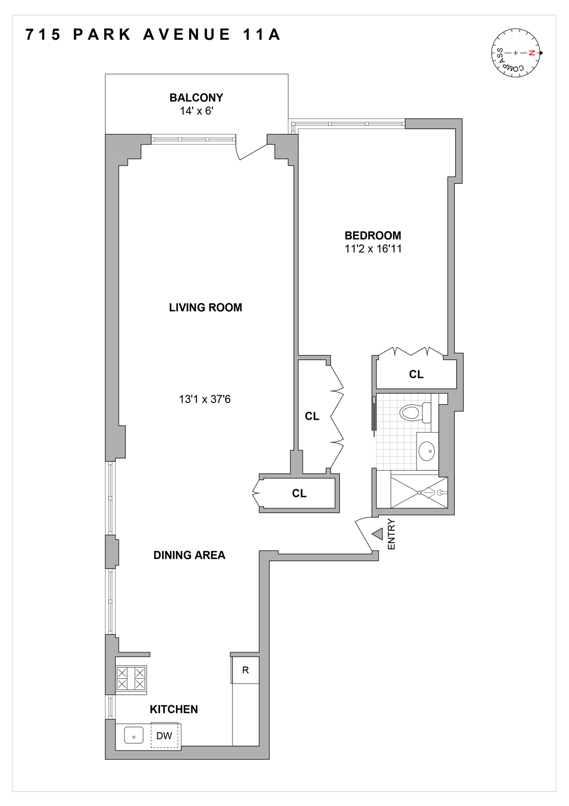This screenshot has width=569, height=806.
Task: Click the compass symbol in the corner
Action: pyautogui.click(x=515, y=53)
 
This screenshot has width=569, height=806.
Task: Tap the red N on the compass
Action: pyautogui.click(x=531, y=53)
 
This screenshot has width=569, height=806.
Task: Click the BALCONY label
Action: pyautogui.click(x=196, y=98)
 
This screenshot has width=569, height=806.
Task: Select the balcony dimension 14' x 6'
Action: pyautogui.click(x=196, y=111)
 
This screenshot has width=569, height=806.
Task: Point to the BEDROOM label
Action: pyautogui.click(x=373, y=235)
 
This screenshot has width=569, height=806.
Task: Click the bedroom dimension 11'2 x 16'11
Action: pyautogui.click(x=373, y=249)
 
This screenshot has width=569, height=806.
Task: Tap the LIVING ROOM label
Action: pyautogui.click(x=205, y=307)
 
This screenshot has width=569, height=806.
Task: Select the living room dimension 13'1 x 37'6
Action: pyautogui.click(x=205, y=399)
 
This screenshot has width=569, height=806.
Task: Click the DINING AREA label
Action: pyautogui.click(x=189, y=555)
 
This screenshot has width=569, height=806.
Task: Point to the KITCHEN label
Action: pyautogui.click(x=173, y=709)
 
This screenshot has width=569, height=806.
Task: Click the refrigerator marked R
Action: pyautogui.click(x=245, y=670)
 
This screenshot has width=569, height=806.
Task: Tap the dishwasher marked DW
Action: pyautogui.click(x=164, y=736)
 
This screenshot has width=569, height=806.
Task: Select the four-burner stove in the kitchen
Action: pyautogui.click(x=131, y=678)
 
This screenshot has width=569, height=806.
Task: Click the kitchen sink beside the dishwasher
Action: pyautogui.click(x=134, y=735)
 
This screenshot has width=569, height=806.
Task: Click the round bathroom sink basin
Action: pyautogui.click(x=427, y=451)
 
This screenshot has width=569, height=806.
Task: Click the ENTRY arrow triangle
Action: pyautogui.click(x=378, y=534)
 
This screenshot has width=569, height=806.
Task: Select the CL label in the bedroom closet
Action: pyautogui.click(x=416, y=375)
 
